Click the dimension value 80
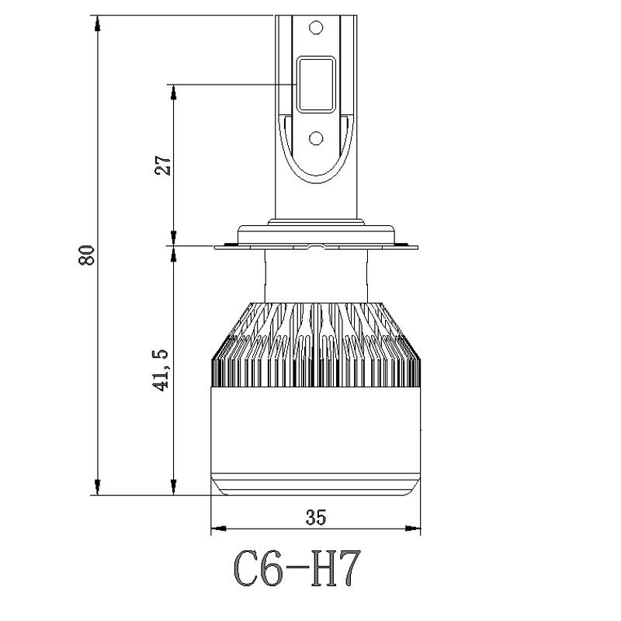[88, 255]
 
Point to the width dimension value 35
[315, 517]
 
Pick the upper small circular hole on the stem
[315, 27]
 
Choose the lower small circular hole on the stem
[315, 137]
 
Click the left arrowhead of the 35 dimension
[218, 529]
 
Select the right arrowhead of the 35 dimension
[413, 529]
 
